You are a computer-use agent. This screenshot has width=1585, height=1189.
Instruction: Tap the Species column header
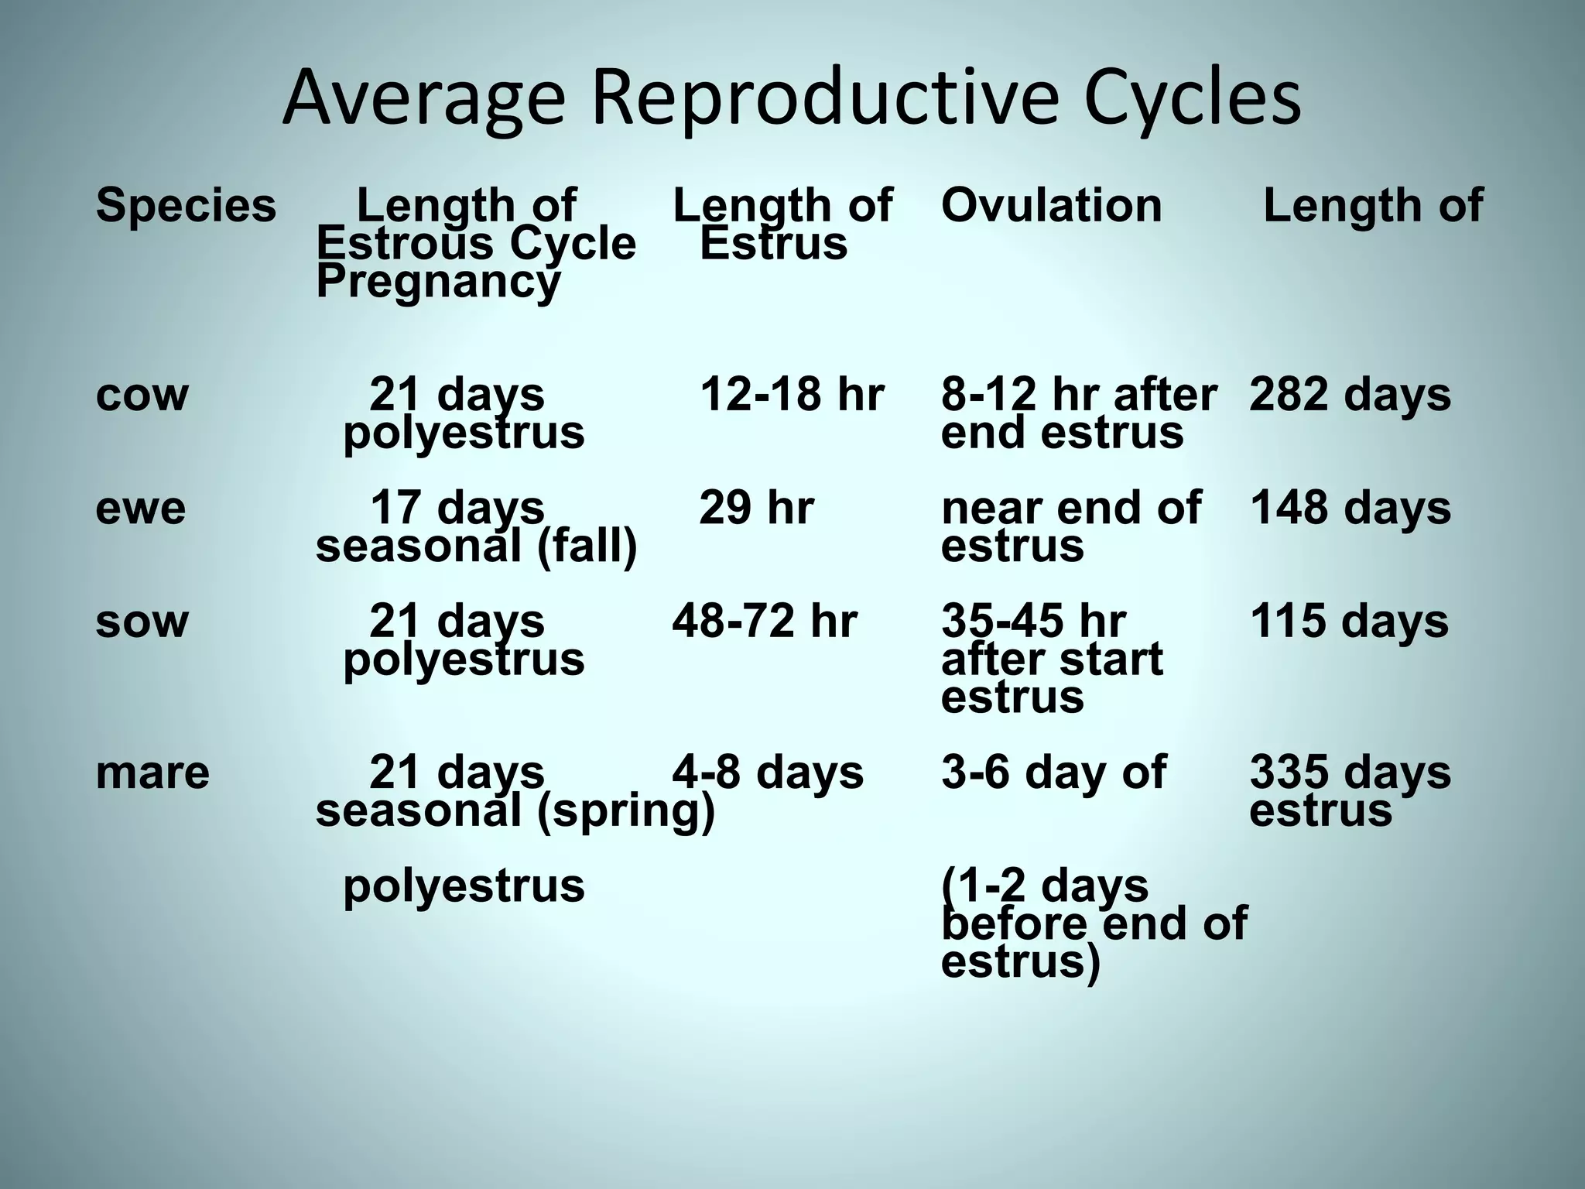pos(186,206)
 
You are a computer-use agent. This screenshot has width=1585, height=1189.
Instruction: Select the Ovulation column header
pos(1051,206)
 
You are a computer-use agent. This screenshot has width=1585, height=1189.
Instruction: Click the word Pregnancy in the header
pos(438,282)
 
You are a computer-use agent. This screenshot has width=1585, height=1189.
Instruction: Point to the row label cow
pos(142,395)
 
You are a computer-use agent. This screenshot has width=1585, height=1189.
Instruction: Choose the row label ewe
pos(141,509)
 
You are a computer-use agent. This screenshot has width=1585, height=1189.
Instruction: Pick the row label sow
pos(142,622)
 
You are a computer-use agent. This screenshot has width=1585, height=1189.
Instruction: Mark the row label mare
pos(152,773)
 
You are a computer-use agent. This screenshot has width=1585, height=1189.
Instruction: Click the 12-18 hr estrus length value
pos(792,395)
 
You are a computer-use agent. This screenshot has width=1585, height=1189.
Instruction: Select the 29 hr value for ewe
pos(756,509)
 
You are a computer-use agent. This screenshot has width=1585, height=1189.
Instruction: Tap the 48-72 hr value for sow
pos(765,622)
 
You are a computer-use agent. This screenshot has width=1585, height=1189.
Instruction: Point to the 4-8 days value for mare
pos(768,773)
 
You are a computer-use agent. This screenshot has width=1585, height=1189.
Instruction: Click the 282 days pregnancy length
pos(1350,395)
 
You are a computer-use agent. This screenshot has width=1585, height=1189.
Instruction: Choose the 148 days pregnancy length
pos(1350,509)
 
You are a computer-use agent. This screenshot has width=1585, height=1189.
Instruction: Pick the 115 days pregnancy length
pos(1348,622)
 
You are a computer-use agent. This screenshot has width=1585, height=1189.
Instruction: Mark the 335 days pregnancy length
pos(1350,773)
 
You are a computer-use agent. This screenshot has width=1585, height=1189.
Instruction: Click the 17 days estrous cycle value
pos(457,509)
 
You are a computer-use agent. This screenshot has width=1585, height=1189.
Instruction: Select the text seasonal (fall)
pos(476,547)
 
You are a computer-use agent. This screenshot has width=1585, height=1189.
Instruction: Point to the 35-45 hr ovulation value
pos(1033,622)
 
